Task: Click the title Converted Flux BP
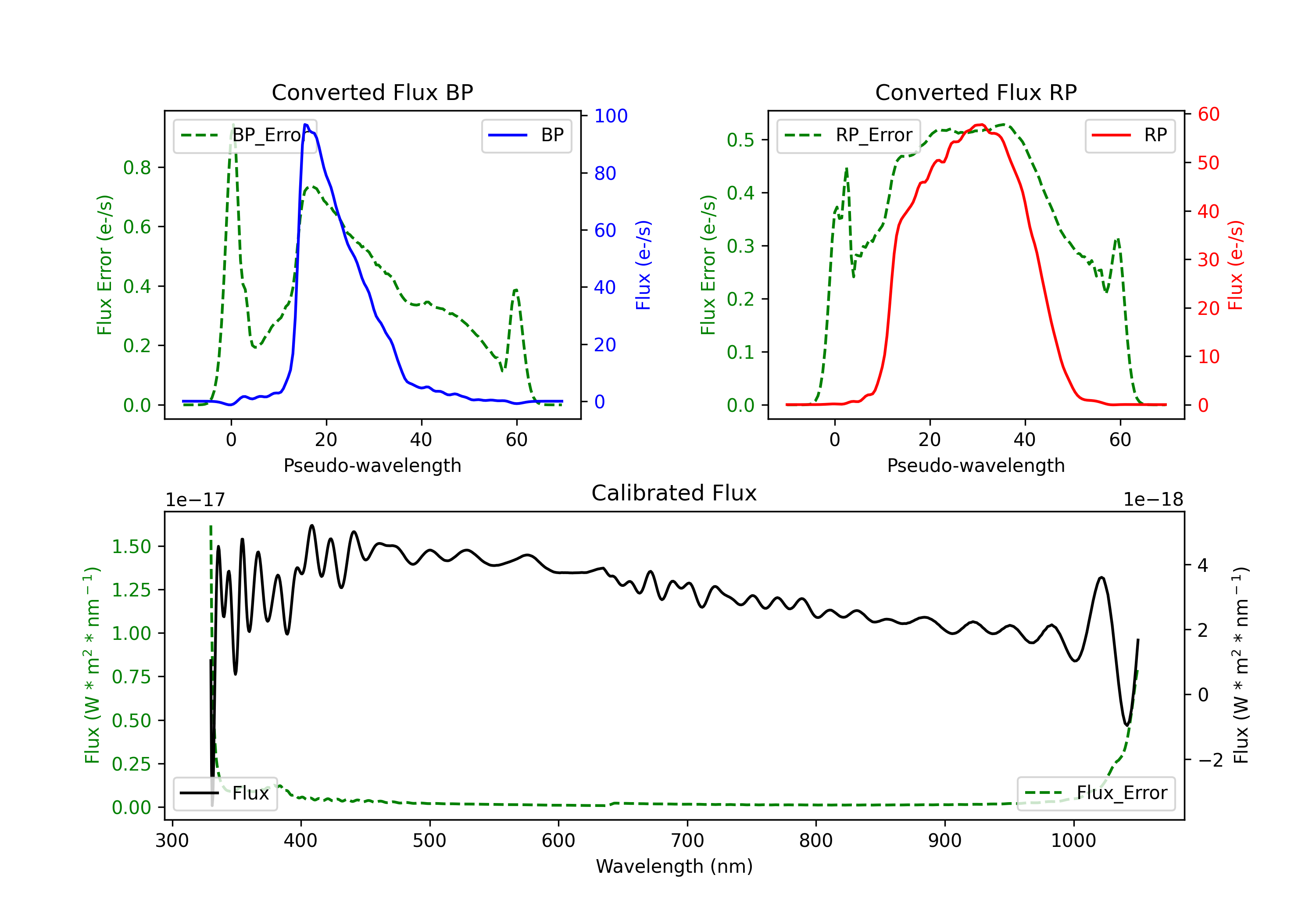point(372,92)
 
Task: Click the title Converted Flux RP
point(976,92)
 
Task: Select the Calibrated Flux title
point(674,493)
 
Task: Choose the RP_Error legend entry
point(849,135)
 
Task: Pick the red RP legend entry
point(1130,135)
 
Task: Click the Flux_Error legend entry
point(1096,793)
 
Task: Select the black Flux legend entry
point(225,793)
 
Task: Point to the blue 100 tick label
point(611,116)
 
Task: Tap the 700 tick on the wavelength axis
point(687,840)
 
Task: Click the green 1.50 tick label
point(131,546)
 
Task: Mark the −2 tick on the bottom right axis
point(1211,760)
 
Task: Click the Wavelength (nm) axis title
point(674,866)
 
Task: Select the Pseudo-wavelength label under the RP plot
point(976,465)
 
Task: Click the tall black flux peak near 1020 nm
point(1101,578)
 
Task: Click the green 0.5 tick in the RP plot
point(740,140)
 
